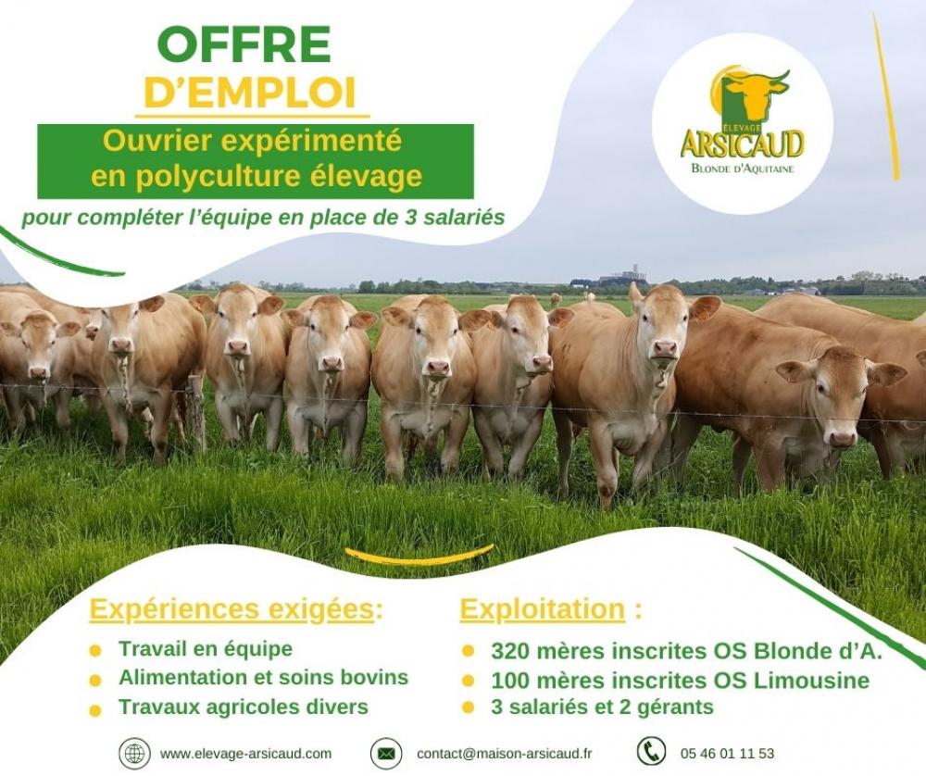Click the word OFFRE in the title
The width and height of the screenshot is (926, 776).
click(x=244, y=44)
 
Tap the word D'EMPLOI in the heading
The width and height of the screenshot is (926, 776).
click(x=250, y=94)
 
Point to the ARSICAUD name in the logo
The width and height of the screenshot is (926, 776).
click(x=742, y=144)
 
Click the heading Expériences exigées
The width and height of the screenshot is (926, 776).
click(x=235, y=610)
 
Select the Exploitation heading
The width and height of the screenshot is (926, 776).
click(x=542, y=610)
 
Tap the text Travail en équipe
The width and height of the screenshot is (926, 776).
click(x=205, y=649)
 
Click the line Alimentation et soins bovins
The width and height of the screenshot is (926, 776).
click(x=263, y=678)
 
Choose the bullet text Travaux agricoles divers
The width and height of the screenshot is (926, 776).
click(x=243, y=707)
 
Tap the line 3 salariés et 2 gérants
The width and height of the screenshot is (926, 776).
click(x=602, y=708)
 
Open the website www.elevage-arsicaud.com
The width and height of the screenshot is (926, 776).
click(x=245, y=754)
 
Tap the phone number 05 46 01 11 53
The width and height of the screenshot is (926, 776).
click(x=727, y=754)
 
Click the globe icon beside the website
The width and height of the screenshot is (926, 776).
click(x=134, y=753)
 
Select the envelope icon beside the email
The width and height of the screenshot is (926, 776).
click(x=386, y=754)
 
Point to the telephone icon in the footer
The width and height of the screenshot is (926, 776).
click(x=651, y=752)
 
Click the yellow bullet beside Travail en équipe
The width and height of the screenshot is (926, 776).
click(x=94, y=651)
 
